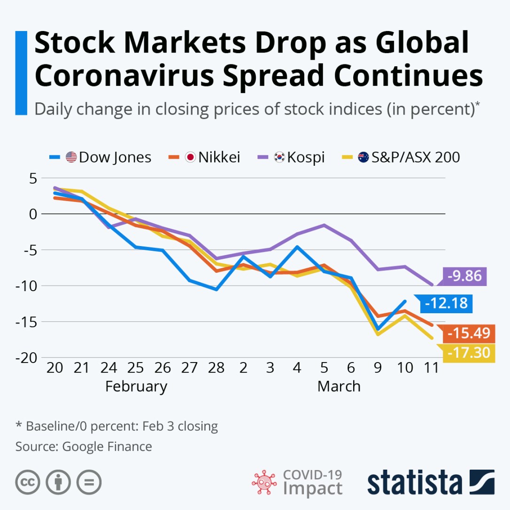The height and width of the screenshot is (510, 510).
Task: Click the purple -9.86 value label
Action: (x=464, y=276)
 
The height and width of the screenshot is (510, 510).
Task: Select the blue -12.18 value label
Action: (x=446, y=303)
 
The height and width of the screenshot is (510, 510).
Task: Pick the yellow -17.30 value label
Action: (x=469, y=352)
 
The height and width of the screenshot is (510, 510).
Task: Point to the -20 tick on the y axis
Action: (x=25, y=358)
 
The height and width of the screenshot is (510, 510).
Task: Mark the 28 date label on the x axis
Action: (x=216, y=367)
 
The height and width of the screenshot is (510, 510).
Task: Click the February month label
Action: (x=136, y=386)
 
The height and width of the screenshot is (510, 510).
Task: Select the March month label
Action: (x=339, y=386)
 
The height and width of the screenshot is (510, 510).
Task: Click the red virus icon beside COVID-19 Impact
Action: (x=264, y=482)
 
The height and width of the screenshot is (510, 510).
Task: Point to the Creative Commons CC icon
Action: (x=27, y=482)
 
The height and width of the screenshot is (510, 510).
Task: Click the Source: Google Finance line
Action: (x=84, y=446)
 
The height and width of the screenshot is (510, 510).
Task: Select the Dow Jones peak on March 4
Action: (x=297, y=247)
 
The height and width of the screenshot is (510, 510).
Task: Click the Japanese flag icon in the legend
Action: (x=190, y=157)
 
